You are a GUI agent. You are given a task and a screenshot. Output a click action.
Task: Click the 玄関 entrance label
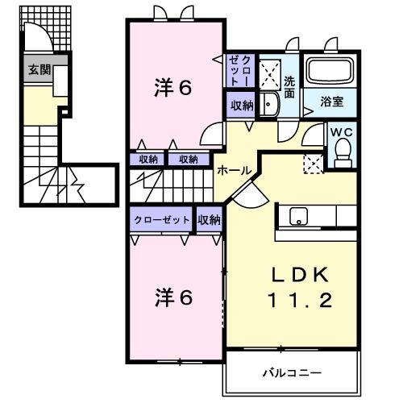(x=38, y=69)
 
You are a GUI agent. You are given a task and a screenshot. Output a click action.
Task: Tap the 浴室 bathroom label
(x=331, y=102)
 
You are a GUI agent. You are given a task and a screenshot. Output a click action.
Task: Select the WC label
(x=341, y=131)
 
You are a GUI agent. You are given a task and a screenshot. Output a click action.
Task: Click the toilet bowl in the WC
(x=342, y=151)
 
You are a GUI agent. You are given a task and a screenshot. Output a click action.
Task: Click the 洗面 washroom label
(x=289, y=87)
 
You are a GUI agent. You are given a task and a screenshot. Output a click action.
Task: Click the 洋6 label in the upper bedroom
(x=173, y=88)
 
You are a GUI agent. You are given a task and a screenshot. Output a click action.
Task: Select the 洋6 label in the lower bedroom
(x=173, y=297)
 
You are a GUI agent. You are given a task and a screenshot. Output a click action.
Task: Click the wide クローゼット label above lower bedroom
(x=162, y=219)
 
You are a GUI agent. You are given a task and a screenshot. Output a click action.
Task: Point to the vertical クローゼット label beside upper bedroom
(x=239, y=71)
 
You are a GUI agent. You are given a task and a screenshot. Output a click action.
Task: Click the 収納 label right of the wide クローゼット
(x=209, y=219)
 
